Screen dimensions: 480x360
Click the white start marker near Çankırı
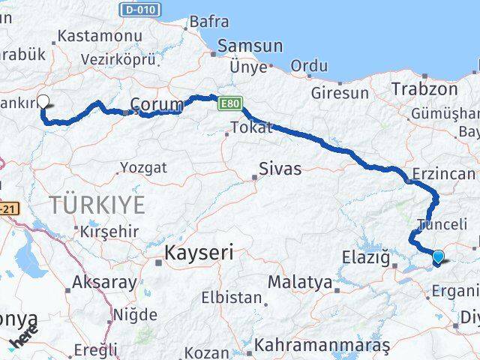click(43, 102)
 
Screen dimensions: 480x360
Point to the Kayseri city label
click(199, 253)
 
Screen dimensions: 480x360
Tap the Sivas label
click(280, 169)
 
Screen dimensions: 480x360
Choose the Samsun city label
click(250, 46)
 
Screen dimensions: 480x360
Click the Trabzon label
click(424, 88)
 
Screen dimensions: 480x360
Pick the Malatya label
click(299, 283)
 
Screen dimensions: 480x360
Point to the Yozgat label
click(143, 167)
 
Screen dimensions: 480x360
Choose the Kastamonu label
click(100, 36)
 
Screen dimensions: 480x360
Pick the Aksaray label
click(105, 283)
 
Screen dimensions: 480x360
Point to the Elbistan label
click(232, 298)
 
